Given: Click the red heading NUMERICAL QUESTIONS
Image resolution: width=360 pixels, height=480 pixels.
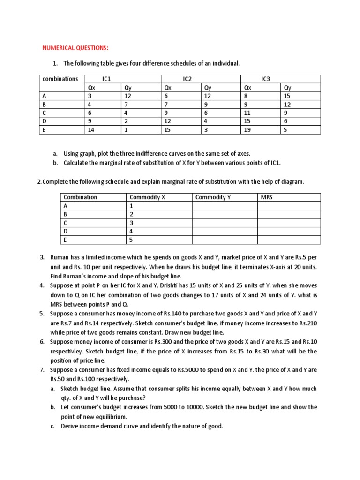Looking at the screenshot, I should click(x=75, y=48).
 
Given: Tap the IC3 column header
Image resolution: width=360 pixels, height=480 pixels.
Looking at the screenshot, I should click(x=266, y=79).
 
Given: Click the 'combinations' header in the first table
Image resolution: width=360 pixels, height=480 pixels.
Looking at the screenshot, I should click(x=60, y=79).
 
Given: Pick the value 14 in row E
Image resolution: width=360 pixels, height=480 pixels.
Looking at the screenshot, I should click(x=90, y=130).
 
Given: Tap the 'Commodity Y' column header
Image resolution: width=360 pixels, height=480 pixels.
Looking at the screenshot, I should click(x=213, y=197).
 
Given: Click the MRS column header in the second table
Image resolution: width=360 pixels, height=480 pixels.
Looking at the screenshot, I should click(x=266, y=197).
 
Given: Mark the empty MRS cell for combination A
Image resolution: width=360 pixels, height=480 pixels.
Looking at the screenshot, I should click(x=289, y=206).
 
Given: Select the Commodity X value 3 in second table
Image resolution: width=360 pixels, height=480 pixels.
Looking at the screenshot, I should click(x=132, y=223).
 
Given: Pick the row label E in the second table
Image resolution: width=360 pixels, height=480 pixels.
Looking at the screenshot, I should click(x=65, y=240).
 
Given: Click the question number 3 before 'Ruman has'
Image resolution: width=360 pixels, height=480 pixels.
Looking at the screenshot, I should click(x=42, y=257).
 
